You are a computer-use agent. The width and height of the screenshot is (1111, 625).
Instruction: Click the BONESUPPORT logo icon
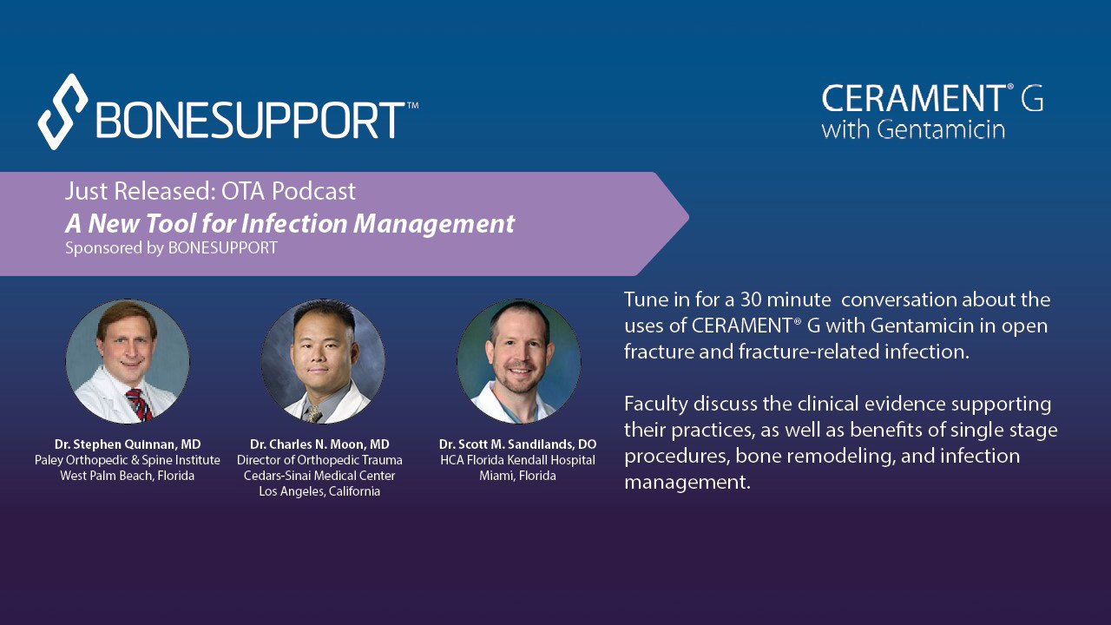pos(62,111)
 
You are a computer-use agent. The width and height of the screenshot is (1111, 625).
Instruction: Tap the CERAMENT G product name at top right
pos(931,99)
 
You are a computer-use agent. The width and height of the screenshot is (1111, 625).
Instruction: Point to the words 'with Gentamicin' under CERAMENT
pos(912,130)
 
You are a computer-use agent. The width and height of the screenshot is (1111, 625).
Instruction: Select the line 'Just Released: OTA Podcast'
pos(210,191)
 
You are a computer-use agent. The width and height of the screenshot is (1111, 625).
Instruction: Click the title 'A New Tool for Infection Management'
pos(290,223)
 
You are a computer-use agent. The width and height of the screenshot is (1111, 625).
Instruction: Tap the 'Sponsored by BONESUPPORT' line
pos(171,248)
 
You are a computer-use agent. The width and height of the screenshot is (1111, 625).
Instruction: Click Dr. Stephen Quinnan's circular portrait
pos(128,361)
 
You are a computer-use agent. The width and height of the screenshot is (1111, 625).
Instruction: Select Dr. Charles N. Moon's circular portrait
pos(323,361)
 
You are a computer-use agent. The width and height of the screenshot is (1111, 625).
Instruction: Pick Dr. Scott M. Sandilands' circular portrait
pos(518,361)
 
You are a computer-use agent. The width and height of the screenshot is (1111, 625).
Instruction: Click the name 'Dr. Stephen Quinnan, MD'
pos(128,444)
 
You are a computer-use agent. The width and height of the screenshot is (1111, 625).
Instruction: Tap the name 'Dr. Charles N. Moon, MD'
pos(319,444)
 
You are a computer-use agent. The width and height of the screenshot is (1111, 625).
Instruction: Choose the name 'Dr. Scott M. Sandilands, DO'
pos(517,444)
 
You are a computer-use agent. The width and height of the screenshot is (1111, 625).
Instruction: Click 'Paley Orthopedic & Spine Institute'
pos(128,460)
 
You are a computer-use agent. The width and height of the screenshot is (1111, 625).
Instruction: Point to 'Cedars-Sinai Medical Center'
pos(319,476)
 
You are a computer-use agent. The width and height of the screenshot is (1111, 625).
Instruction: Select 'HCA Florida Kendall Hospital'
pos(517,460)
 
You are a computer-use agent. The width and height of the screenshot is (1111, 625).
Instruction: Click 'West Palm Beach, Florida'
pos(128,476)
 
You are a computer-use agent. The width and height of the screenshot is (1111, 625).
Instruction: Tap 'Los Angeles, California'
pos(319,491)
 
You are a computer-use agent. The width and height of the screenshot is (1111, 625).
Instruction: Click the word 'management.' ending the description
pos(687,483)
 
